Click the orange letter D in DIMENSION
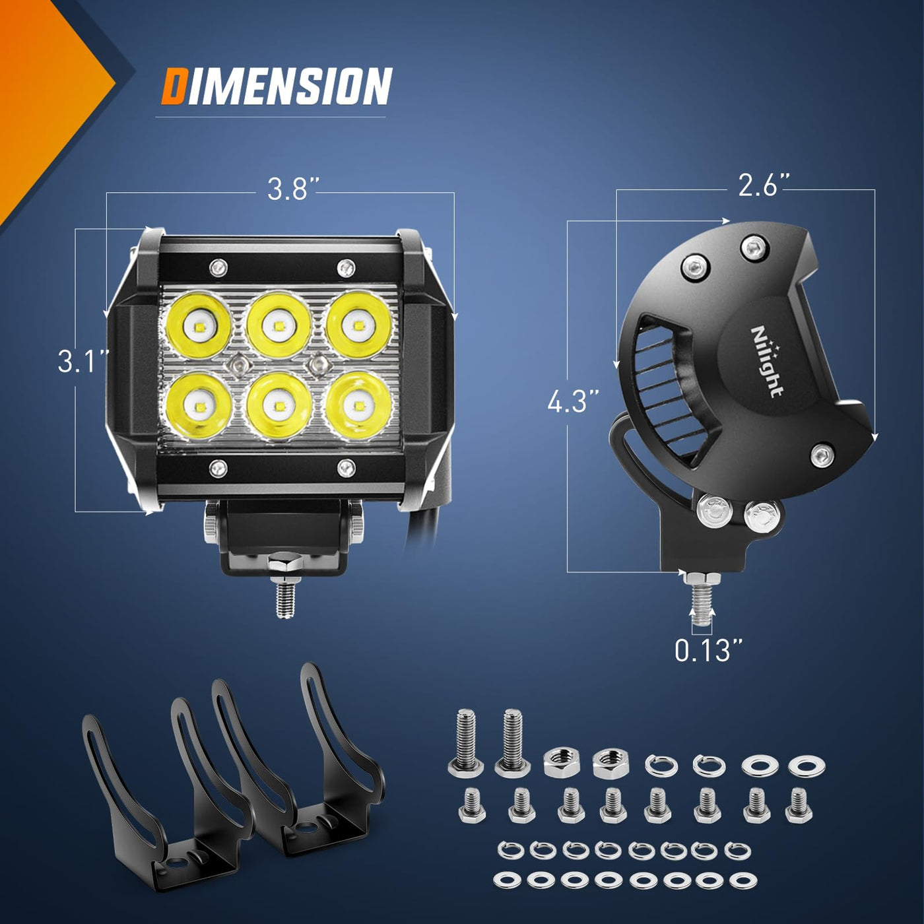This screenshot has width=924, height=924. pos(176,86)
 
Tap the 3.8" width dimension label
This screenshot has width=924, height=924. pos(286,189)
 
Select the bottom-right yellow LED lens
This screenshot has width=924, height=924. pos(358,406)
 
